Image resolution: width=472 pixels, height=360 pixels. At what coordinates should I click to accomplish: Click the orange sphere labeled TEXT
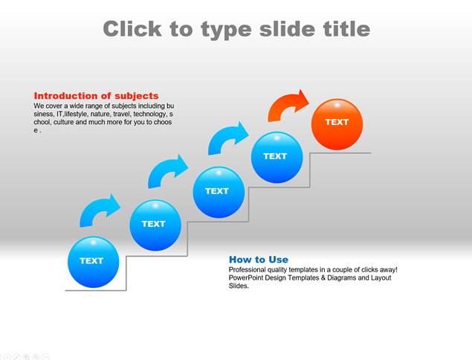pyautogui.click(x=337, y=124)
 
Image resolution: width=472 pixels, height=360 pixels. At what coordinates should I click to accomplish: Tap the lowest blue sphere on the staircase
pyautogui.click(x=94, y=262)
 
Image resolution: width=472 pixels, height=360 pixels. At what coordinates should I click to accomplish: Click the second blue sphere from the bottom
pyautogui.click(x=155, y=225)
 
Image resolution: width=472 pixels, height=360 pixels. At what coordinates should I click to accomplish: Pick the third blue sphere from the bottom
pyautogui.click(x=219, y=192)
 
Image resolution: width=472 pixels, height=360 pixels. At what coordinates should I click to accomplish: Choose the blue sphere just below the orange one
pyautogui.click(x=277, y=157)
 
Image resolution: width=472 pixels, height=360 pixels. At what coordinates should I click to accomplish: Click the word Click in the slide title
pyautogui.click(x=132, y=29)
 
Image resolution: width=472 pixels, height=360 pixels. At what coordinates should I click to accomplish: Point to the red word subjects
pyautogui.click(x=136, y=96)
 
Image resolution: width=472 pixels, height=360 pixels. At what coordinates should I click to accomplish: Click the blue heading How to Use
pyautogui.click(x=259, y=260)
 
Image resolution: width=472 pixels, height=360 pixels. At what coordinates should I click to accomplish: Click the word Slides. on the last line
pyautogui.click(x=239, y=286)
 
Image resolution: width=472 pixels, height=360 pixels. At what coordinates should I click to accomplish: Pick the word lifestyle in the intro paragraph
pyautogui.click(x=77, y=115)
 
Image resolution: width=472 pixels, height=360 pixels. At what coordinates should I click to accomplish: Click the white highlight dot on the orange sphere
pyautogui.click(x=337, y=105)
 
